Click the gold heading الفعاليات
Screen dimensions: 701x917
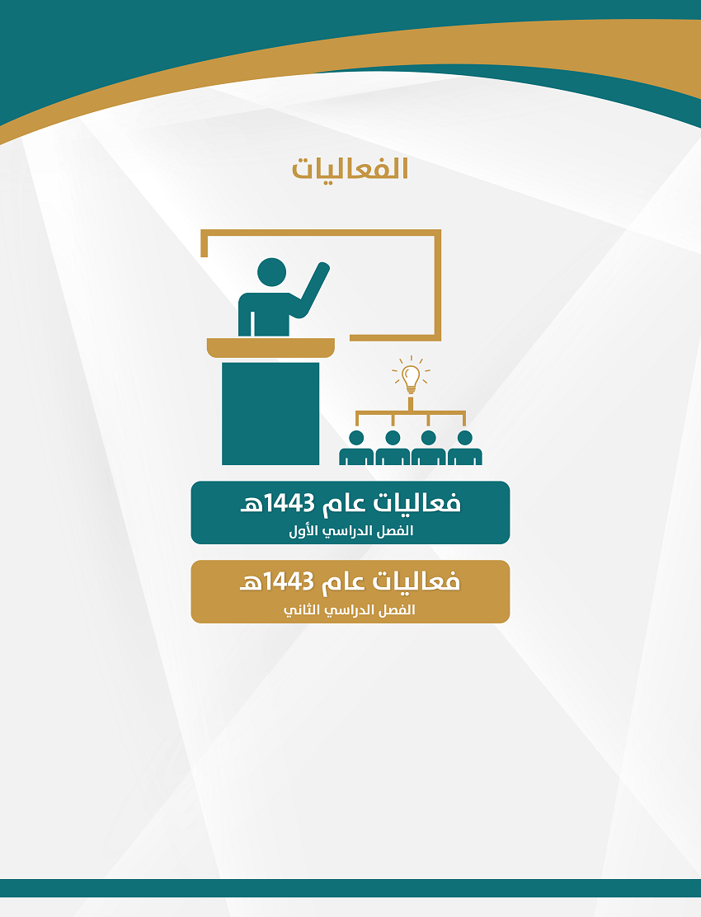click(x=350, y=168)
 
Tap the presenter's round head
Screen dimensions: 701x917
click(x=272, y=272)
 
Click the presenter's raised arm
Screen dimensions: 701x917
click(x=313, y=289)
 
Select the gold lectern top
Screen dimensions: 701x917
click(x=271, y=347)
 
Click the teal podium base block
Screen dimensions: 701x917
click(x=271, y=413)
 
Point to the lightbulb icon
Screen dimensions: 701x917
click(x=411, y=375)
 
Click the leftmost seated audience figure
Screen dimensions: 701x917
click(x=356, y=449)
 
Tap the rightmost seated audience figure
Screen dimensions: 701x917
click(x=465, y=449)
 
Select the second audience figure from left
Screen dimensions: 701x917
click(x=393, y=449)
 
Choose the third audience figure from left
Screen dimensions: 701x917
click(x=429, y=449)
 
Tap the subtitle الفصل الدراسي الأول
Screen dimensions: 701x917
click(x=350, y=531)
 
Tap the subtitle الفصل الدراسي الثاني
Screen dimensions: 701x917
click(x=350, y=610)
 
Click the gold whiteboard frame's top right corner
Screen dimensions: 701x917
click(x=438, y=233)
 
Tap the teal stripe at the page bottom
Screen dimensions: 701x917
click(x=350, y=888)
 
